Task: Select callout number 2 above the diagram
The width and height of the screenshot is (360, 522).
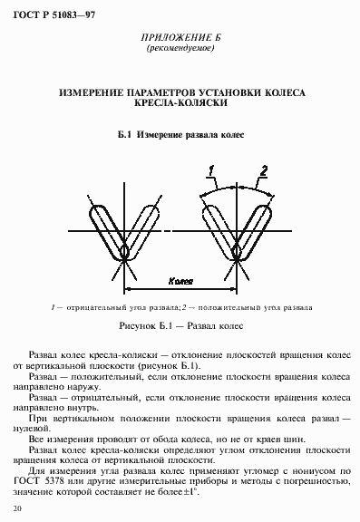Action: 264,170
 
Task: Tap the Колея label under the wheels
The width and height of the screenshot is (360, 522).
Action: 180,282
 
